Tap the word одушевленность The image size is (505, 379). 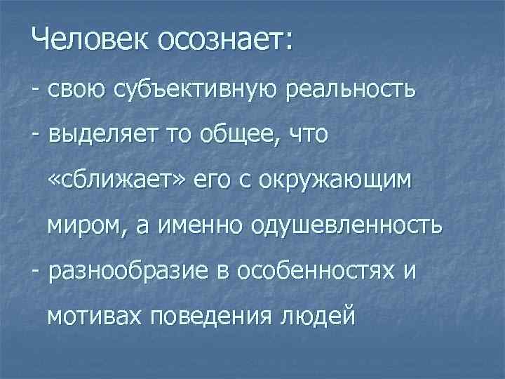pos(346,226)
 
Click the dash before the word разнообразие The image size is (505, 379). pos(35,271)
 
